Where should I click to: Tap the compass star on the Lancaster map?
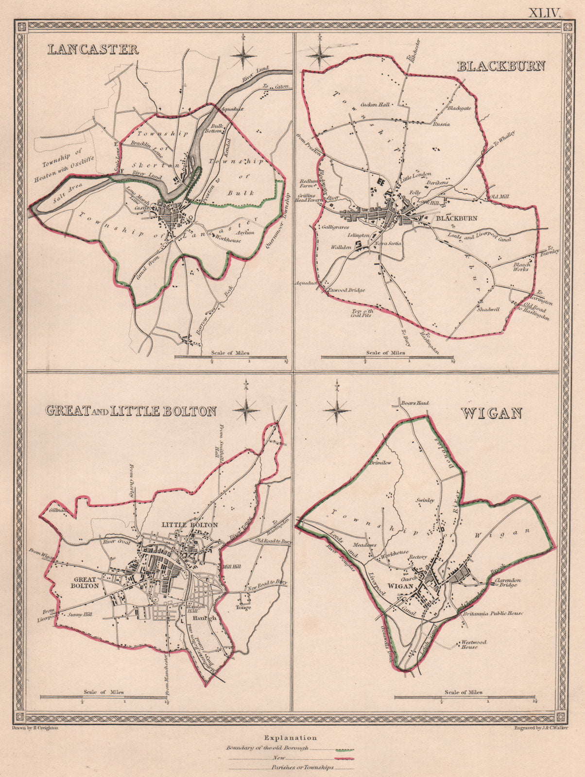pyautogui.click(x=243, y=56)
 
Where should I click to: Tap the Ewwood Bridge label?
pyautogui.click(x=347, y=290)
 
